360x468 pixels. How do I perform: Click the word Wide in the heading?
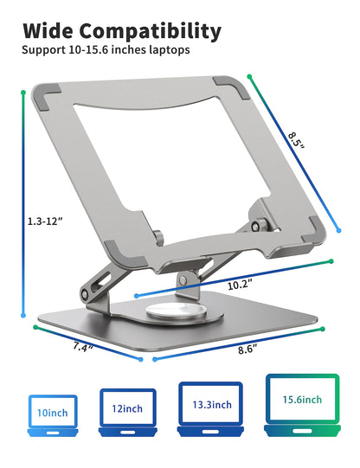(50, 31)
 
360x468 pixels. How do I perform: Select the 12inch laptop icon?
(127, 409)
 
